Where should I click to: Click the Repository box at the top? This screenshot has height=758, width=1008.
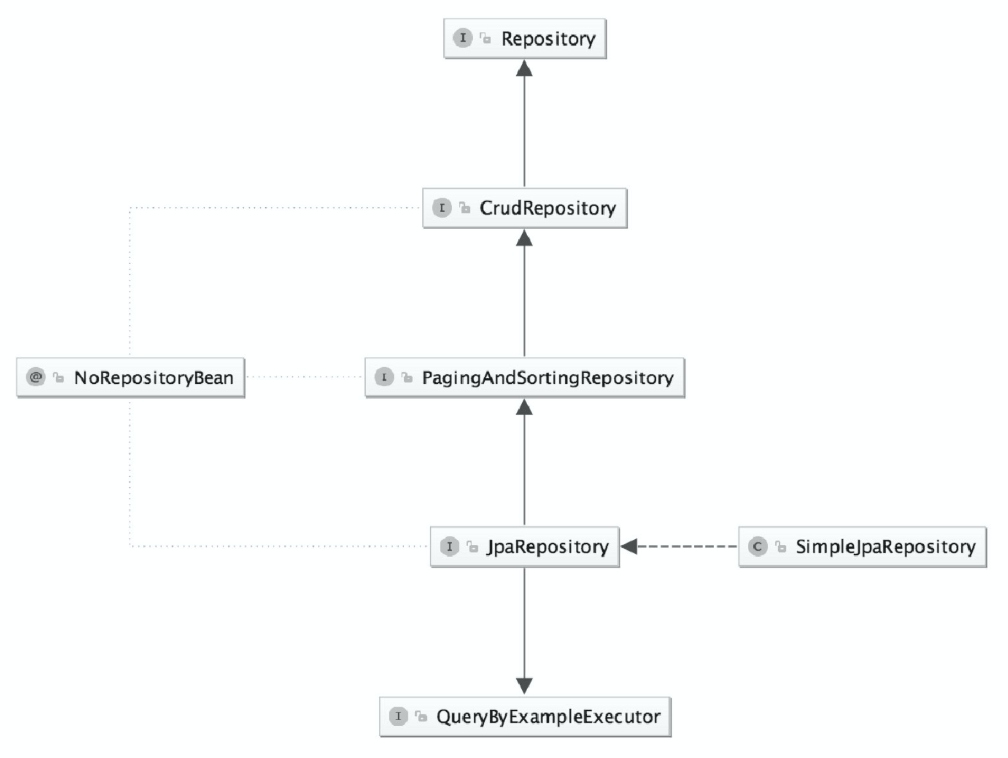pyautogui.click(x=525, y=39)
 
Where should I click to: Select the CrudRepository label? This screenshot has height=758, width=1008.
pyautogui.click(x=548, y=209)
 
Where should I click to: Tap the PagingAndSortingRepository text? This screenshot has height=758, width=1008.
pyautogui.click(x=548, y=378)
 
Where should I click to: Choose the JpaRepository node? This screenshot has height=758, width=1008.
pyautogui.click(x=525, y=547)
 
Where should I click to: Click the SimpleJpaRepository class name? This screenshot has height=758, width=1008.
pyautogui.click(x=885, y=547)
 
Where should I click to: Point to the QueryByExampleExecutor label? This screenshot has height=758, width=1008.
pyautogui.click(x=548, y=716)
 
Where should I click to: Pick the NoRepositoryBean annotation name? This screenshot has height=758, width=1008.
pyautogui.click(x=154, y=378)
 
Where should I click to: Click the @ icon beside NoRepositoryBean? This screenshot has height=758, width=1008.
pyautogui.click(x=36, y=377)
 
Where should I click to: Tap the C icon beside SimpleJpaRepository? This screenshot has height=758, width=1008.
pyautogui.click(x=758, y=546)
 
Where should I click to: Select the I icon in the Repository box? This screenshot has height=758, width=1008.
pyautogui.click(x=463, y=38)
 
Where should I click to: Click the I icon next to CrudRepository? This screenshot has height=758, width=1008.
pyautogui.click(x=442, y=208)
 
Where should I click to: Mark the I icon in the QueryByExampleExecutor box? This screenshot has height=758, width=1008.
pyautogui.click(x=399, y=716)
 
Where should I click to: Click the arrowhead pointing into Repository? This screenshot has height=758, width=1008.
pyautogui.click(x=525, y=68)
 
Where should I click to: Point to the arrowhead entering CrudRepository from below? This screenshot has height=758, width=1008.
pyautogui.click(x=525, y=237)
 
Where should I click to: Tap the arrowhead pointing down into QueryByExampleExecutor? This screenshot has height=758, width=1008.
pyautogui.click(x=525, y=686)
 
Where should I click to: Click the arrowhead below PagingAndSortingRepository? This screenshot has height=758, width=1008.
pyautogui.click(x=525, y=407)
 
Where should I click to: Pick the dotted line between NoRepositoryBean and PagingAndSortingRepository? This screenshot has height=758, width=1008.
pyautogui.click(x=305, y=377)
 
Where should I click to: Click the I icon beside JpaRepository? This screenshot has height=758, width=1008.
pyautogui.click(x=449, y=546)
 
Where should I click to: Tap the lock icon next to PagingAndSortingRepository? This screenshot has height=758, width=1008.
pyautogui.click(x=407, y=377)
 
